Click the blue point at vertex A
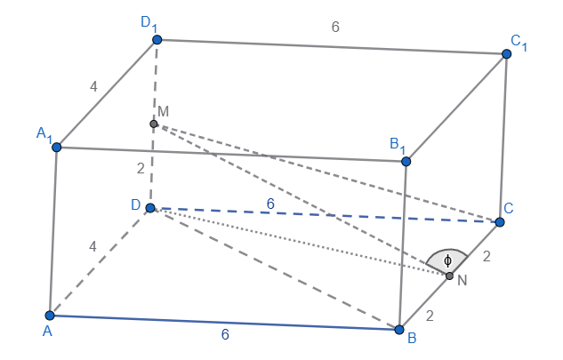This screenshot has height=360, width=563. tap(50, 316)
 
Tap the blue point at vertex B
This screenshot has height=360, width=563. tap(399, 330)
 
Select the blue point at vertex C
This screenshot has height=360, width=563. tap(500, 222)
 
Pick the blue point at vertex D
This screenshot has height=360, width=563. tap(150, 208)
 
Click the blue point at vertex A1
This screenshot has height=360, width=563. tap(57, 148)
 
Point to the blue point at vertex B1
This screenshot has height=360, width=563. tap(406, 162)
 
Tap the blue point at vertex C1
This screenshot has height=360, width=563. tap(507, 54)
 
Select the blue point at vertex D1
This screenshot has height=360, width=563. tap(157, 39)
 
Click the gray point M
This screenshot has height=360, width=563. tap(154, 124)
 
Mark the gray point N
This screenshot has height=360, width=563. tap(449, 276)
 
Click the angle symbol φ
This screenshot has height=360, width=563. tap(447, 260)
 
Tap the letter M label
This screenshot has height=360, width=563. tap(164, 112)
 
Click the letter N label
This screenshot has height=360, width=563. tap(462, 280)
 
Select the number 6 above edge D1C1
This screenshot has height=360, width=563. tap(335, 27)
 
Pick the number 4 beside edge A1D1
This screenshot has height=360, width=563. tap(93, 86)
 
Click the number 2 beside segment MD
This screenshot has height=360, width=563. tap(141, 168)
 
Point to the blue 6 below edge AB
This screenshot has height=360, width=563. tap(225, 334)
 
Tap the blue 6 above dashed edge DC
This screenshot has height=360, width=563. tap(270, 204)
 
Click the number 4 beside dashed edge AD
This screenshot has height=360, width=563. tap(93, 246)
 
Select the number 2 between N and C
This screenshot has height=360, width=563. tap(487, 256)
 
